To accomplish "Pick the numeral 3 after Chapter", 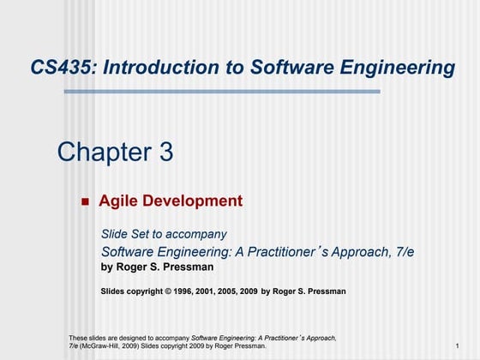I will tap(165, 153).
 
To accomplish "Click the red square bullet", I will tap(85, 202).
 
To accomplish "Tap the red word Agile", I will tap(120, 201).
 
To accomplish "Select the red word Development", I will tap(195, 201).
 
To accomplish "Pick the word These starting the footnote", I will tap(79, 338).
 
